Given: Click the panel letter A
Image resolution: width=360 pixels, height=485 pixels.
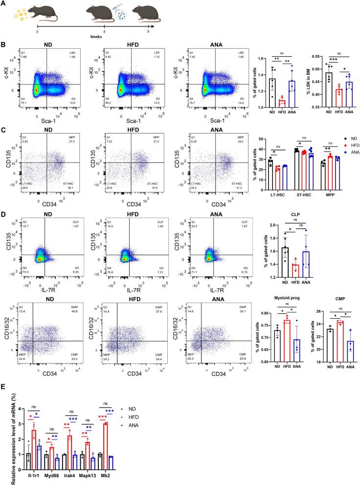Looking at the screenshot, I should [4, 3].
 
